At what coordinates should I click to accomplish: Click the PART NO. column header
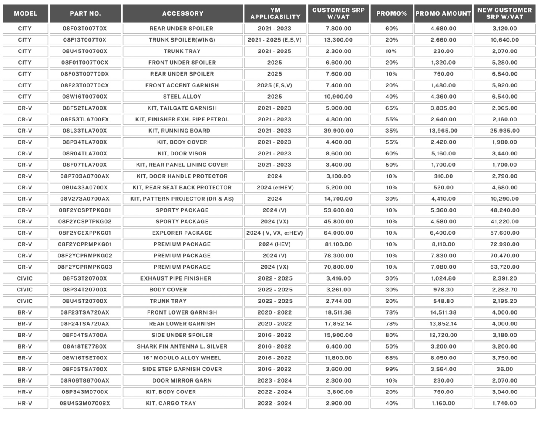[x=85, y=13]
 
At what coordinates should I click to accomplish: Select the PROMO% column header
[x=391, y=13]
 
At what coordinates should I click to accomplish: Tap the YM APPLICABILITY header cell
[x=275, y=13]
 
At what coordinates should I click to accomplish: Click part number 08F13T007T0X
[x=85, y=40]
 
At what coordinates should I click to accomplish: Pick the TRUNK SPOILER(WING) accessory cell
[x=182, y=40]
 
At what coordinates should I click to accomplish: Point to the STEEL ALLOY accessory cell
[x=182, y=97]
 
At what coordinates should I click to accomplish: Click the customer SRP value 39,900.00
[x=338, y=131]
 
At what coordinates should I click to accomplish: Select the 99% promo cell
[x=391, y=369]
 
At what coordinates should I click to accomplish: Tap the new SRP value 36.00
[x=504, y=369]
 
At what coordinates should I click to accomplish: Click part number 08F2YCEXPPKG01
[x=85, y=233]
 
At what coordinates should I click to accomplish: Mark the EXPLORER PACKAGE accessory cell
[x=182, y=233]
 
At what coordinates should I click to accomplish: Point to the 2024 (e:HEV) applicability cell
[x=275, y=187]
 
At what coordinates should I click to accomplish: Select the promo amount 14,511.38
[x=443, y=312]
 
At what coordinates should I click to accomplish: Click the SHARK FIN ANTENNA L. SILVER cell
[x=182, y=346]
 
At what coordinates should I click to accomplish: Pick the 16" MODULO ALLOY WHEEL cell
[x=182, y=358]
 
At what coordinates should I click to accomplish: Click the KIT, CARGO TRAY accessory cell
[x=171, y=403]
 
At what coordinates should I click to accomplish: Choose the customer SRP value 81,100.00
[x=338, y=244]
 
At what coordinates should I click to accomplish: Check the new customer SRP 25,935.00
[x=504, y=131]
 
